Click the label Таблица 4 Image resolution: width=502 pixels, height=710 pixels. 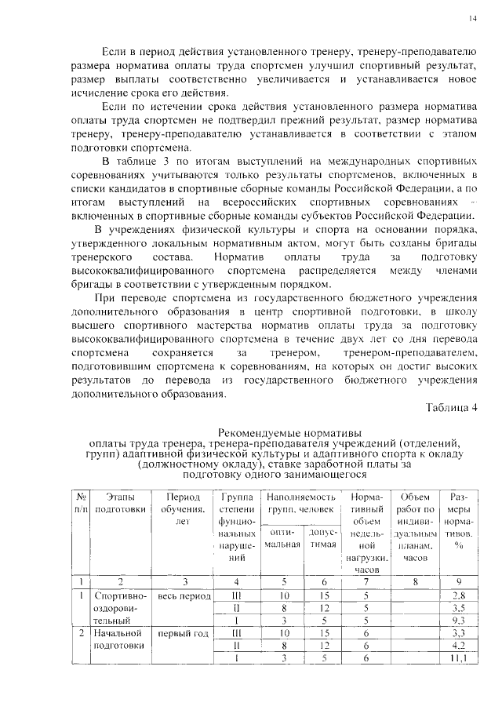[450, 407]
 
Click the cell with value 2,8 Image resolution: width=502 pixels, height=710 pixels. [460, 596]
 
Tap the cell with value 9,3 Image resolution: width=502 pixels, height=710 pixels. [460, 620]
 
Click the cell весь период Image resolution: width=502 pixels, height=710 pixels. [184, 596]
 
